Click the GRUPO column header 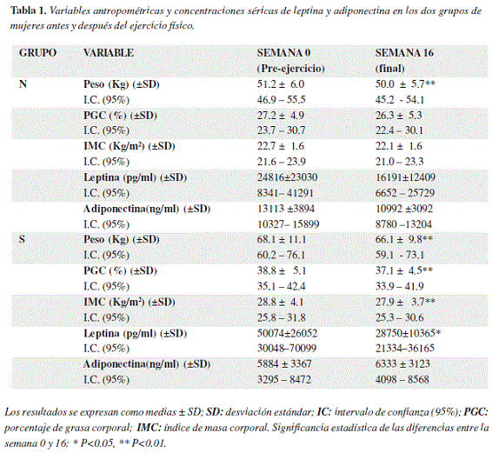[37, 53]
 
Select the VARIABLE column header [109, 53]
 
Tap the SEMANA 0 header [283, 53]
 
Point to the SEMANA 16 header [404, 53]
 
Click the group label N [23, 84]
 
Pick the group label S [22, 239]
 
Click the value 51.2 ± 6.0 [281, 84]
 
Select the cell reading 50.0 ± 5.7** [405, 84]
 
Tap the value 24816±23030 [288, 177]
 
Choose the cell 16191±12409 [405, 177]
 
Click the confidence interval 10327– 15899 [289, 224]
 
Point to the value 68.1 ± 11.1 [282, 239]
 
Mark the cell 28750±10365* [408, 333]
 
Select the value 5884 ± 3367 [284, 363]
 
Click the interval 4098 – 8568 [402, 380]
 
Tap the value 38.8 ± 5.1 [282, 270]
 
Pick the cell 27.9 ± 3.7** [405, 302]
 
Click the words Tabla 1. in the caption [28, 11]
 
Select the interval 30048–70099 [287, 348]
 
